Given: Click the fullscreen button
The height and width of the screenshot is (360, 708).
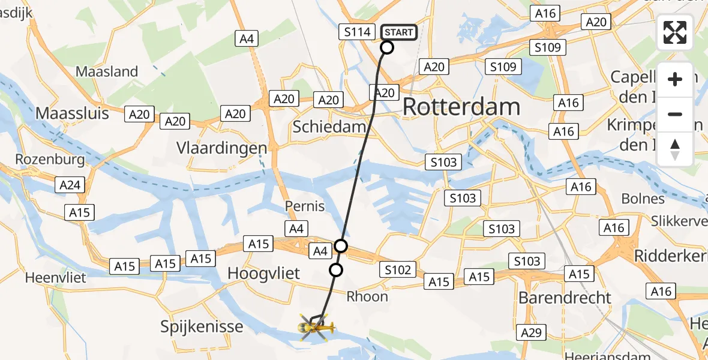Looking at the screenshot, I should point(675,32).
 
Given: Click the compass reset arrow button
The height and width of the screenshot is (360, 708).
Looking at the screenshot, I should point(675,149).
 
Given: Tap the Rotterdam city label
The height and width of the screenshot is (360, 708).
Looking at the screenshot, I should point(461,107).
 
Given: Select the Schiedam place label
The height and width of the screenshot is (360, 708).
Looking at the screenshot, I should point(329,127).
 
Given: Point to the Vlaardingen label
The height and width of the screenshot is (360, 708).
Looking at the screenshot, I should point(221,148).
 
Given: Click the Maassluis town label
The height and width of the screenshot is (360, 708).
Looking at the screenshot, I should point(73,113).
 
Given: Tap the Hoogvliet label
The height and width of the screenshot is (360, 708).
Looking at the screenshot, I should point(263,274).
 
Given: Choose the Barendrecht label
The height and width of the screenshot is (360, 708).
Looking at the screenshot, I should point(565,298).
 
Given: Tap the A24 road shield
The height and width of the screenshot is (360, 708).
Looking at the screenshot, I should point(71,185).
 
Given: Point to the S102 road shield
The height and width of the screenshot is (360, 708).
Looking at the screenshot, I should point(397,270).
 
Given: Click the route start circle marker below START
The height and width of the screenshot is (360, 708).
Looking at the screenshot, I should point(387,47).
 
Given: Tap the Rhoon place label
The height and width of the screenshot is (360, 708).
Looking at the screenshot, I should point(367,296).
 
